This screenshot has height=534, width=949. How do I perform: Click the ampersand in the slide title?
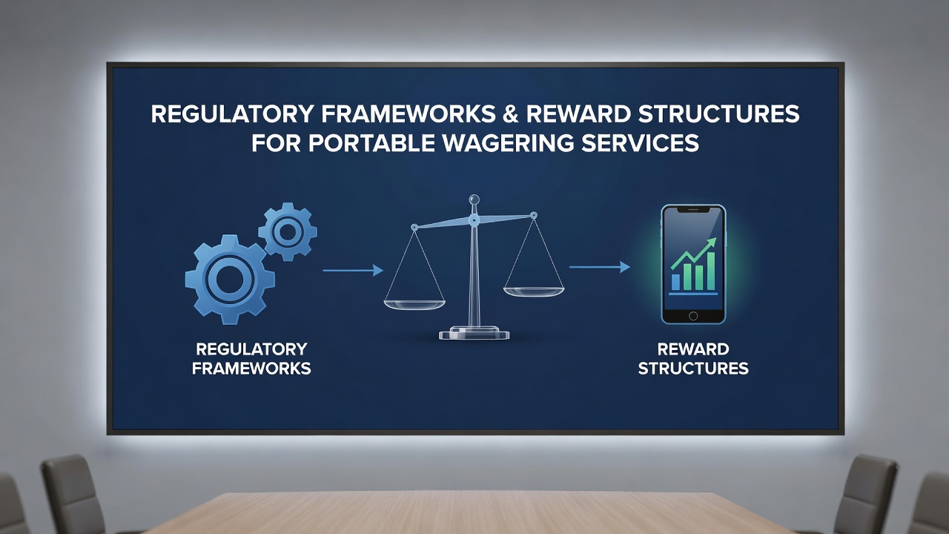512,114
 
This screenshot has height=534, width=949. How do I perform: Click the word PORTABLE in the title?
372,143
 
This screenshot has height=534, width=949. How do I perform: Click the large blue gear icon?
230,280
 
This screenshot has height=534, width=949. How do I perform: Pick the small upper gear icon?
288,232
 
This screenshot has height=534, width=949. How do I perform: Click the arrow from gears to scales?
353,270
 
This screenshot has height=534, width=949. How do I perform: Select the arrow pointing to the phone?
600,267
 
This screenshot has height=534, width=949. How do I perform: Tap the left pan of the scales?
414,305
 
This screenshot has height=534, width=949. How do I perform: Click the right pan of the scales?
534,291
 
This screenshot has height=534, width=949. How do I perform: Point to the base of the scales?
474,333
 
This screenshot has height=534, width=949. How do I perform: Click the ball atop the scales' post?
474,200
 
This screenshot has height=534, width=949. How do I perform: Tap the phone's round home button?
693,316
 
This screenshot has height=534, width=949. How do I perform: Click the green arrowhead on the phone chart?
711,243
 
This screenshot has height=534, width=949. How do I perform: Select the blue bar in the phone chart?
675,282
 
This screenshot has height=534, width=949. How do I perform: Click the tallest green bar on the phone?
711,271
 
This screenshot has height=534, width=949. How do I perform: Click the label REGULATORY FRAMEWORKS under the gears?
251,358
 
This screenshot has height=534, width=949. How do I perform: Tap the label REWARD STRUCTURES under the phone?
693,358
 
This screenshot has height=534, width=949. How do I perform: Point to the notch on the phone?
693,209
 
